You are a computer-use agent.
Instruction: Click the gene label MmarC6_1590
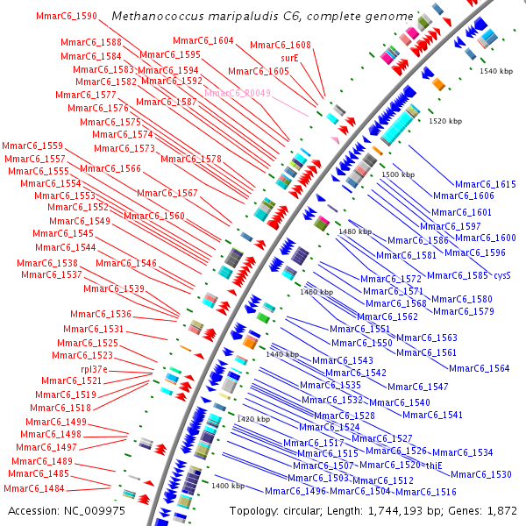coord(67,17)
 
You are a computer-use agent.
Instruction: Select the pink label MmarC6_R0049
coord(238,93)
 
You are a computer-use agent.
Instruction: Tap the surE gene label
coord(289,57)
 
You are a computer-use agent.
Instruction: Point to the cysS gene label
coord(501,275)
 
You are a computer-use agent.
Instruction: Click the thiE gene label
coord(433,466)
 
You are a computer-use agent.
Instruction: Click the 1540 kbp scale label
coord(496,70)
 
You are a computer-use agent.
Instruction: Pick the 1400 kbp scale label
coord(227,486)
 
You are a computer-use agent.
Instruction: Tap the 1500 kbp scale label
coord(397,175)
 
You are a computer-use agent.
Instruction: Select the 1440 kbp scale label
coord(282,354)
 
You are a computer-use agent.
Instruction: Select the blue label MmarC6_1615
coord(486,184)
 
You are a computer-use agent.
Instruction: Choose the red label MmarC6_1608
coord(280,45)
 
